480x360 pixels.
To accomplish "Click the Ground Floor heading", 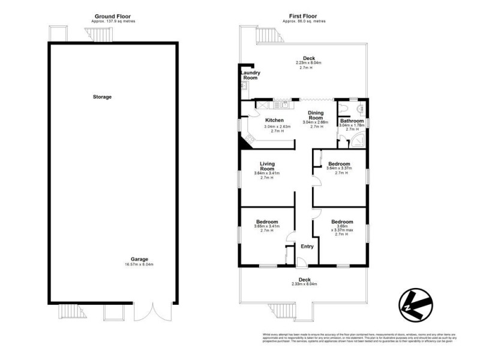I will [113, 16].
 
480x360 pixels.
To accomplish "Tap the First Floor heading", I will [304, 16].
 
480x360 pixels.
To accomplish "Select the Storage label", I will [102, 97].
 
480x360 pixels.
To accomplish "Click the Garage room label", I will [139, 260].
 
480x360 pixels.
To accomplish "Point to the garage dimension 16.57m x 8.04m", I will [139, 265].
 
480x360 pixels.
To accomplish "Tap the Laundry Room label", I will [250, 75].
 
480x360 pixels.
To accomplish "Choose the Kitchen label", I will [274, 120].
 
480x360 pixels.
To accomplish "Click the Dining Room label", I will [317, 115].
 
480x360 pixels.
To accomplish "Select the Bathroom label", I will [352, 121].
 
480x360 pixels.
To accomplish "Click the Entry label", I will [307, 246].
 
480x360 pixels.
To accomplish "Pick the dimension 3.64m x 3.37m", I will [339, 169].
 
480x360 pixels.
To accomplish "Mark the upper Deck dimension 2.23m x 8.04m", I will [308, 63].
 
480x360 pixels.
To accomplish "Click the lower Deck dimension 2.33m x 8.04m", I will [305, 284].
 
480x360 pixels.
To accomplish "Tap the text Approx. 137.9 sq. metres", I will [113, 21].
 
